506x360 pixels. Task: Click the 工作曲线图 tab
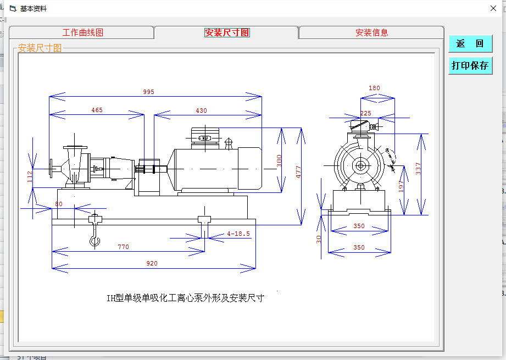click(x=82, y=32)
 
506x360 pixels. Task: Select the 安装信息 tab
click(x=371, y=32)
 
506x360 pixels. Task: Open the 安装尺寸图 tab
click(x=227, y=32)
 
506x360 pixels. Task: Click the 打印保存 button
click(x=470, y=65)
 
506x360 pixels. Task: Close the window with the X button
click(x=493, y=8)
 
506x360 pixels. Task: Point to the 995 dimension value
click(x=149, y=92)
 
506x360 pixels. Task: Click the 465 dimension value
click(x=97, y=110)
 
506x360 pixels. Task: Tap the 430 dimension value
click(x=202, y=110)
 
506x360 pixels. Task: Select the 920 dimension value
click(x=152, y=264)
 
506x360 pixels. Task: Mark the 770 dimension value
click(x=123, y=247)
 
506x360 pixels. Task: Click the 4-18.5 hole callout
click(x=238, y=234)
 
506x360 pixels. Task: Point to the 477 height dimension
click(x=298, y=172)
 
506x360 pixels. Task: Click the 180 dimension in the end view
click(x=374, y=88)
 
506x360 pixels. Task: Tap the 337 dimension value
click(x=418, y=169)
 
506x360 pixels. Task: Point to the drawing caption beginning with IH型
click(x=185, y=298)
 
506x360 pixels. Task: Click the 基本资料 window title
click(x=34, y=9)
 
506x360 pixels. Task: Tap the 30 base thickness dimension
click(x=319, y=239)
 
